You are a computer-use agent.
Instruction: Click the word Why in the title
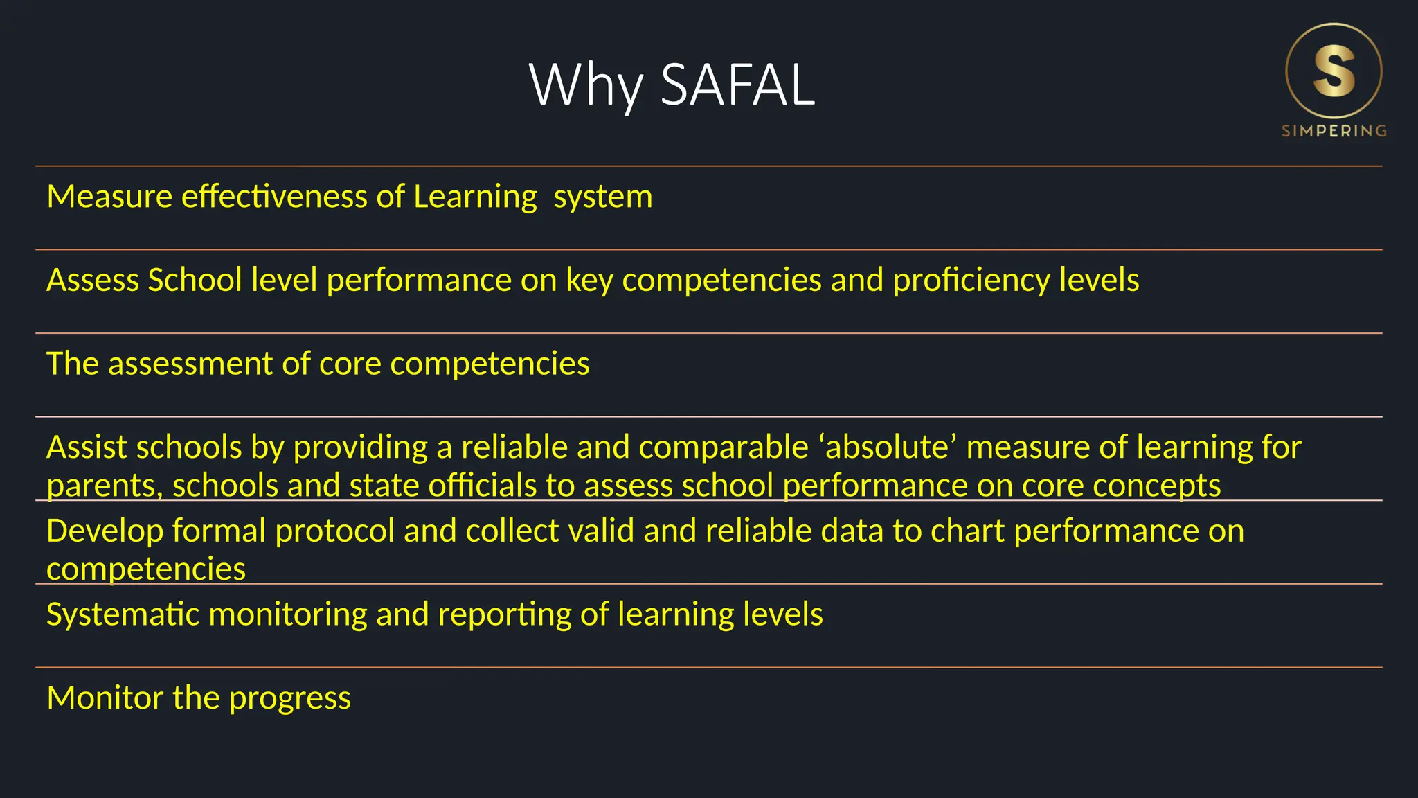coord(585,85)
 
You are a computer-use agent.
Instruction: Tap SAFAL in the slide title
coord(738,85)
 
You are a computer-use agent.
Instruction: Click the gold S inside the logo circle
coord(1334,71)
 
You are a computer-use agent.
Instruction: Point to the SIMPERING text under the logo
coord(1334,131)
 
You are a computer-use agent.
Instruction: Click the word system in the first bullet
coord(603,197)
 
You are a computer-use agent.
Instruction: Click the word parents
coord(105,486)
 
